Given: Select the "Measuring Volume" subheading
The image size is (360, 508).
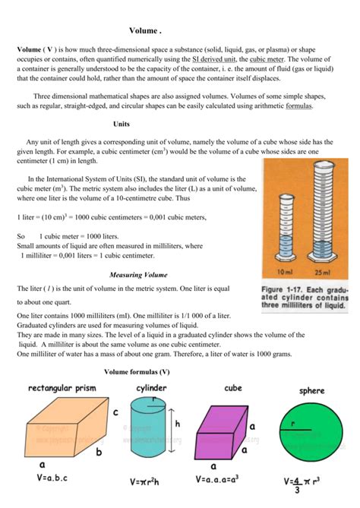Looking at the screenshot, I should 139,274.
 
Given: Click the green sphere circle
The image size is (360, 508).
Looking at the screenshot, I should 312,431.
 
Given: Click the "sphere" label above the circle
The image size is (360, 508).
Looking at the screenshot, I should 312,391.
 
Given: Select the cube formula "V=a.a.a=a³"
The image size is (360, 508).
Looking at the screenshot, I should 225,479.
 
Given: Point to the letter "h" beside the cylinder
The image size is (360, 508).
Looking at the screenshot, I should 178,424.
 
